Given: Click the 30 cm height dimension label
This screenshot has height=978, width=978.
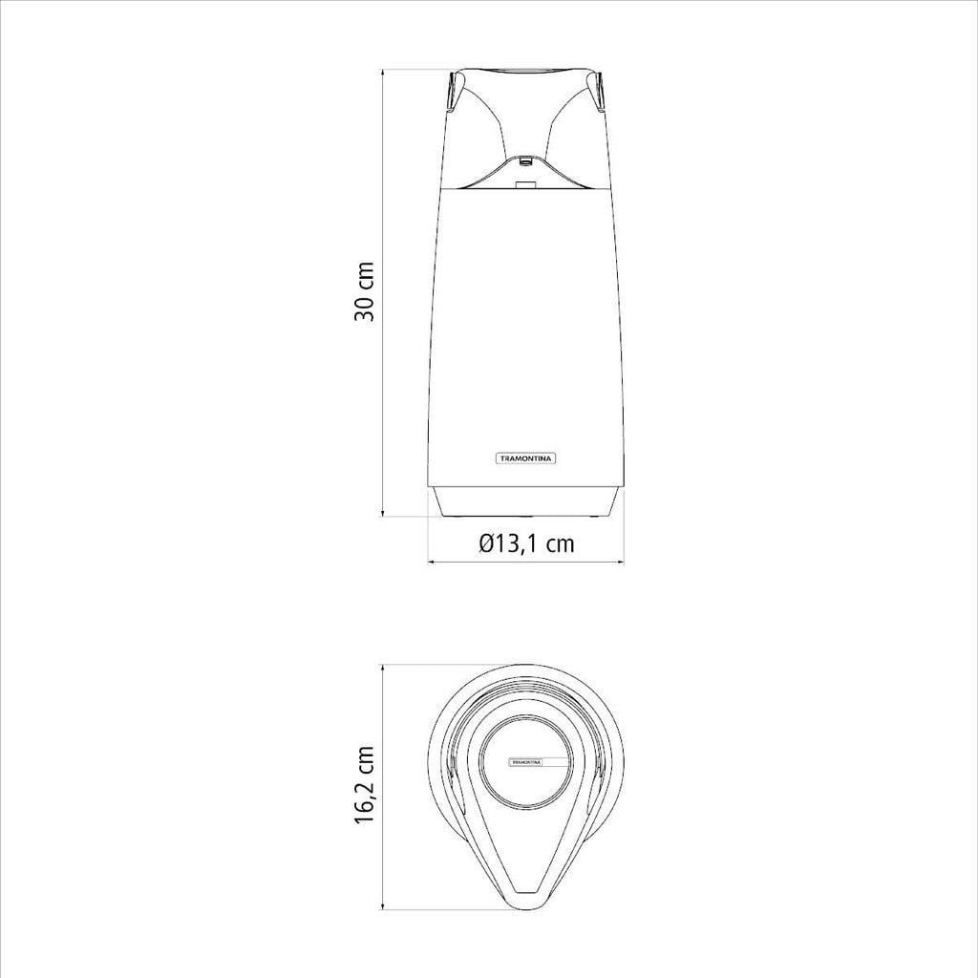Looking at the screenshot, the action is point(364,292).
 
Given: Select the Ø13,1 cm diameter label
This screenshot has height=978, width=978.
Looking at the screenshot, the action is point(526,543).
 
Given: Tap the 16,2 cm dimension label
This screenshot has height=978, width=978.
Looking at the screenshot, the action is point(364,785).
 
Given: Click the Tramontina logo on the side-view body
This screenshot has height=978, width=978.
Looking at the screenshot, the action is point(526,458).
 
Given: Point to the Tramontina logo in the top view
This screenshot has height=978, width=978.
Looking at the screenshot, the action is point(527,762).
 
